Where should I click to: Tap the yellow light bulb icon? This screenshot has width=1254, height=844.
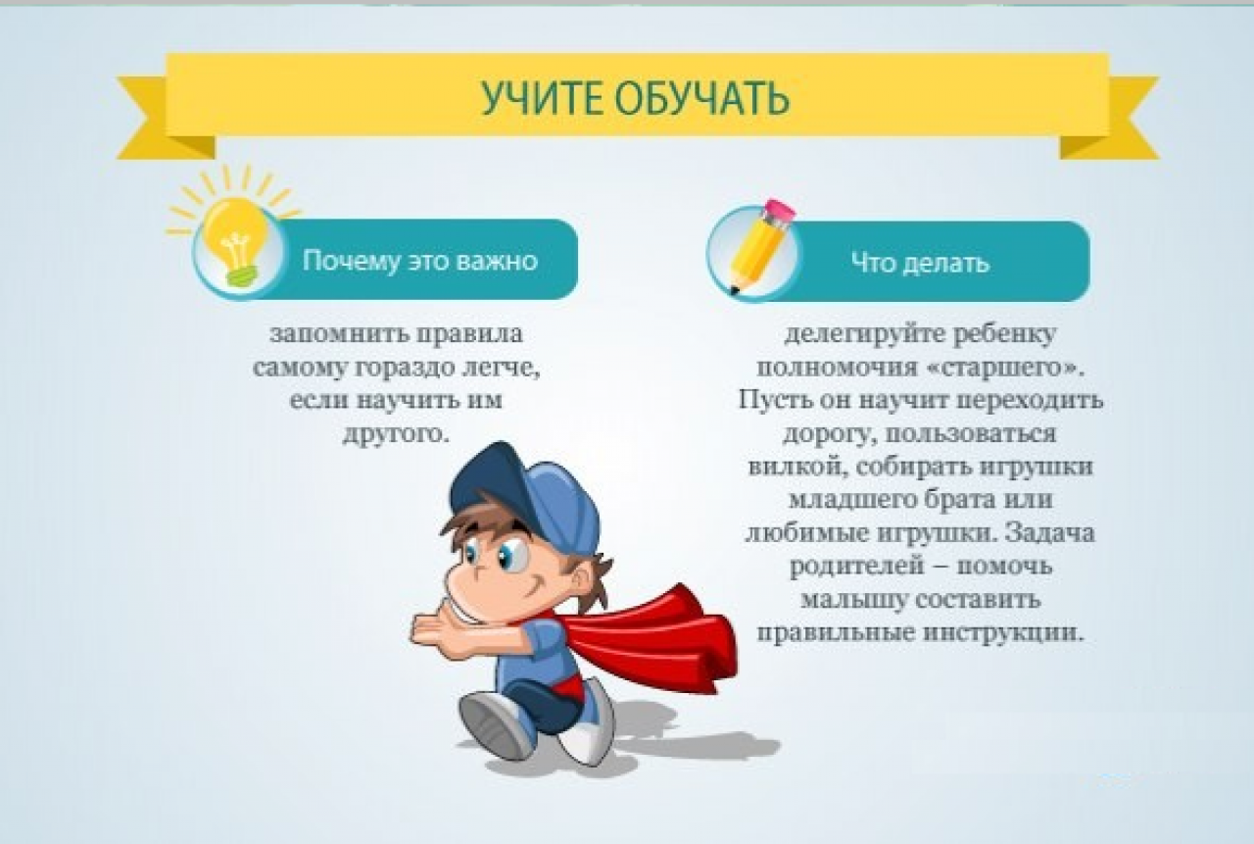(235, 241)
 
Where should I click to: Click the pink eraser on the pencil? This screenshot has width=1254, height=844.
(781, 211)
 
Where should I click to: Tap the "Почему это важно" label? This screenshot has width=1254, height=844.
(420, 261)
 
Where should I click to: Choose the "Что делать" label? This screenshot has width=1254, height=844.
(920, 262)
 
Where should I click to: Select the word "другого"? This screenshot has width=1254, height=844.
(397, 434)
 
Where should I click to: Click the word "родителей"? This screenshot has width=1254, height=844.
(856, 567)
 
